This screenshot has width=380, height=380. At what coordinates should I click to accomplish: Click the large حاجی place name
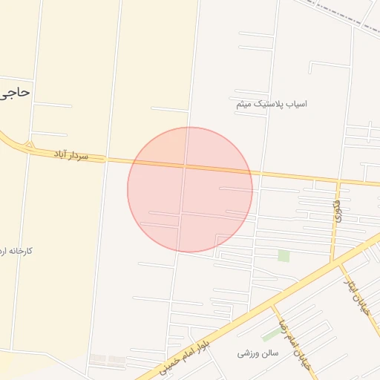[16, 93]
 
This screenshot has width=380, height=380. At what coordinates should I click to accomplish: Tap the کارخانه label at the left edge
[18, 251]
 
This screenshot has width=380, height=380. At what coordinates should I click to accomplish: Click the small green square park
[284, 255]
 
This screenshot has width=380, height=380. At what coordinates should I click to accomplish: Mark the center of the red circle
[190, 189]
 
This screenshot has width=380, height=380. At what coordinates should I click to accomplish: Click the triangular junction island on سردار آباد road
[29, 144]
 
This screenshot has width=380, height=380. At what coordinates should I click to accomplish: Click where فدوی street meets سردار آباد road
[338, 180]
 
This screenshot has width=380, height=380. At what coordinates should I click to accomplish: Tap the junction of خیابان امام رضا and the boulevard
[272, 304]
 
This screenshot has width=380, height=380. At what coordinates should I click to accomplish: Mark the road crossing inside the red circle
[184, 166]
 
